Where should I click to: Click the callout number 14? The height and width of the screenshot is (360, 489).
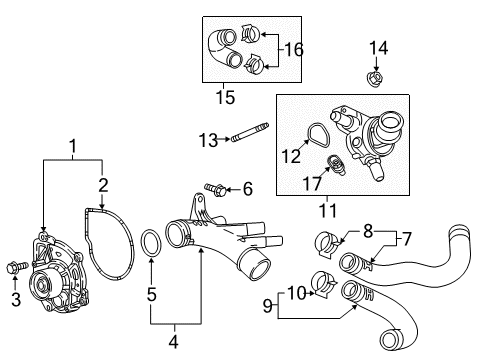(377, 47)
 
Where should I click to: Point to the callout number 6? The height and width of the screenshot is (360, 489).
(247, 187)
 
